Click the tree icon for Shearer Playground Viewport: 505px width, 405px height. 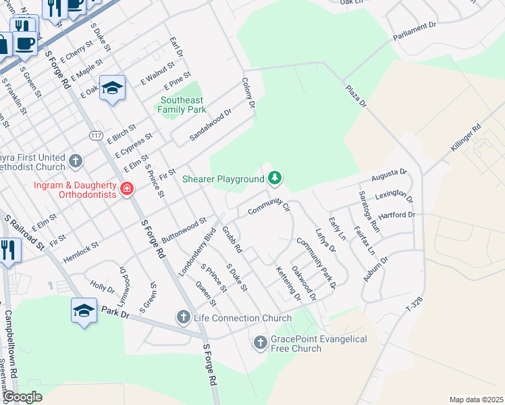(x=274, y=178)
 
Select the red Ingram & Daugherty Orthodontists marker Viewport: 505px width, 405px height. (x=126, y=188)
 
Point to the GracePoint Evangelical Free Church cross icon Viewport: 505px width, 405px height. (x=260, y=344)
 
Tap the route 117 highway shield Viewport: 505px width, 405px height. (x=95, y=136)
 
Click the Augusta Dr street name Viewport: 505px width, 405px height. (x=390, y=177)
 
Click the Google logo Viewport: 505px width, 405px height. (x=22, y=397)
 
